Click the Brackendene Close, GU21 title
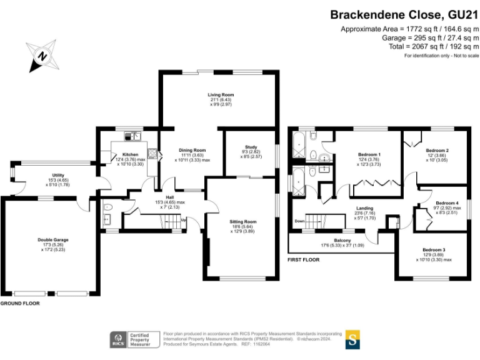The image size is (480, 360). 404,14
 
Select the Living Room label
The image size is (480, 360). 221,95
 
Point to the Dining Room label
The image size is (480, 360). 192,150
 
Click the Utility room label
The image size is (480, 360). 59,176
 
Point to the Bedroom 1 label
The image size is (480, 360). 369,154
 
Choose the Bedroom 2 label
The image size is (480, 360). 437,150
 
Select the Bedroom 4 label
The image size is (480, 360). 447,203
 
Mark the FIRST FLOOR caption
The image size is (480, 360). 304,259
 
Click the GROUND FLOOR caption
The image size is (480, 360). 19,303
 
